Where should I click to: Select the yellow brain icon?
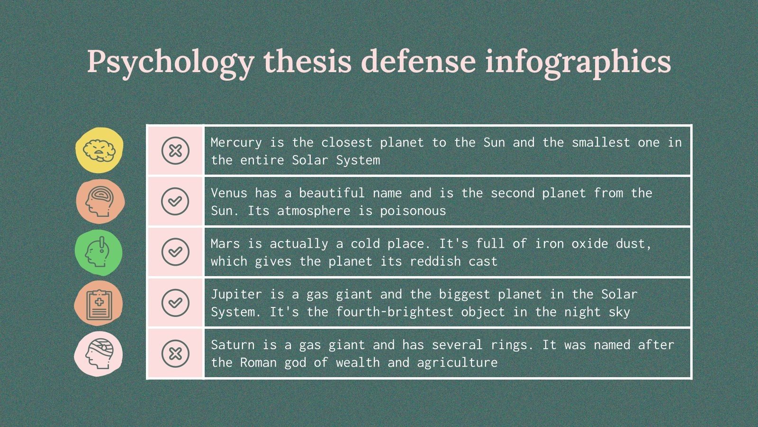click(x=99, y=150)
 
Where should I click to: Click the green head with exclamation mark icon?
click(x=99, y=252)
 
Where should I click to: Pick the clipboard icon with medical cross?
click(x=99, y=303)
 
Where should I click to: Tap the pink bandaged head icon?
click(x=99, y=354)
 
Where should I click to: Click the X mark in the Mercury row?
click(x=175, y=150)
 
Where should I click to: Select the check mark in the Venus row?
click(x=175, y=201)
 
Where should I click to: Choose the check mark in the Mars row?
click(x=175, y=251)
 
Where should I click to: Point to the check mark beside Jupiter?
click(x=175, y=302)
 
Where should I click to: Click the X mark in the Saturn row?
click(x=175, y=353)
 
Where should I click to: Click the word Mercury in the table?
click(x=236, y=142)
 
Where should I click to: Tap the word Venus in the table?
click(x=229, y=193)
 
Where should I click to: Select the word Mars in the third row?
click(x=225, y=244)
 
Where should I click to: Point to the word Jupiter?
click(x=236, y=295)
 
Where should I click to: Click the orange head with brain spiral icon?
click(x=99, y=201)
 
